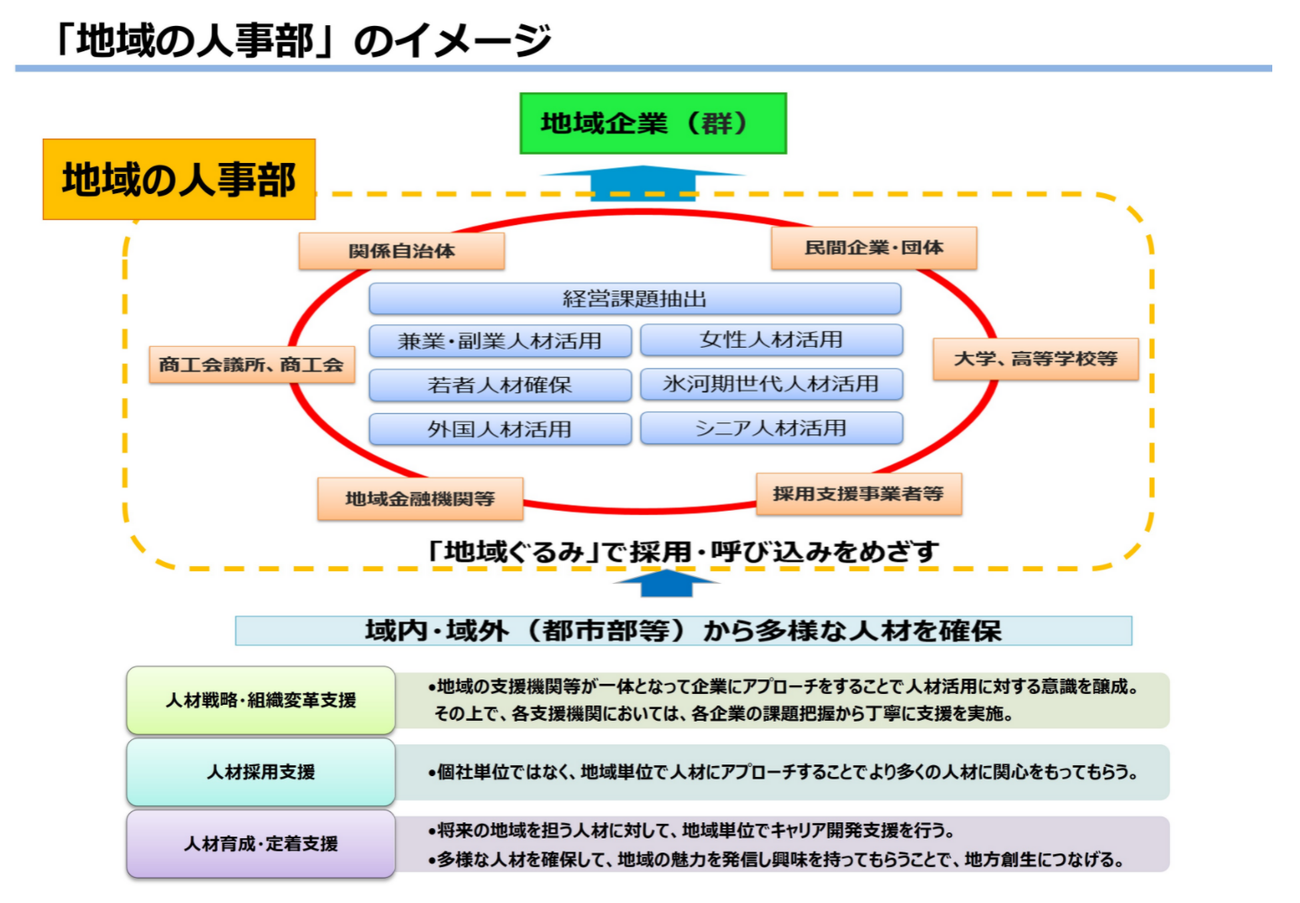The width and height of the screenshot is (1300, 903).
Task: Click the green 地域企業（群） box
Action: click(x=653, y=123)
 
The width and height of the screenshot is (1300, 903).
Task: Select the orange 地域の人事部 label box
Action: click(x=179, y=180)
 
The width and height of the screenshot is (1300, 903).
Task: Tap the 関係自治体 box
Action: click(x=401, y=251)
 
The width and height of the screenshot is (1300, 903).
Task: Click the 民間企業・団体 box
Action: click(x=873, y=248)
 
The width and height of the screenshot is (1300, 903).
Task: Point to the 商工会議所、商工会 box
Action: click(x=251, y=365)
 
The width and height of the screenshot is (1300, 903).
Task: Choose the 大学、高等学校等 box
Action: click(x=1035, y=359)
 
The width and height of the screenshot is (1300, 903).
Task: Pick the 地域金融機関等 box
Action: click(x=420, y=499)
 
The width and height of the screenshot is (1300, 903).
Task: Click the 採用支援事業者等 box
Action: click(x=858, y=494)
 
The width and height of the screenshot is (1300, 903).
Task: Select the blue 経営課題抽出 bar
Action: click(x=634, y=299)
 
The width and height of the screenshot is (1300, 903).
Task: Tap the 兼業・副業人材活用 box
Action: click(x=500, y=341)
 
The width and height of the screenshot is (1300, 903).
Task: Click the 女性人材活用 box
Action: click(x=771, y=340)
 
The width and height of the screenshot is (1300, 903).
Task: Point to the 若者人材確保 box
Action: click(x=500, y=386)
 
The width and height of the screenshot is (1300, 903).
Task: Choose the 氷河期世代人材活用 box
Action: click(x=771, y=384)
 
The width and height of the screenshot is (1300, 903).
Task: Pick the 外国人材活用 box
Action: click(x=500, y=429)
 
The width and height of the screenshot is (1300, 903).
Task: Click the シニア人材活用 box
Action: click(x=771, y=428)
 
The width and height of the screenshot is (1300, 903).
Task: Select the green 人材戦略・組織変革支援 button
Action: click(x=260, y=701)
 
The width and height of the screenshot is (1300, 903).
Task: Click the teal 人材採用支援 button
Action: click(x=260, y=772)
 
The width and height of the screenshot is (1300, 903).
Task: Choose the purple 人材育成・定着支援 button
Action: click(x=260, y=844)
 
